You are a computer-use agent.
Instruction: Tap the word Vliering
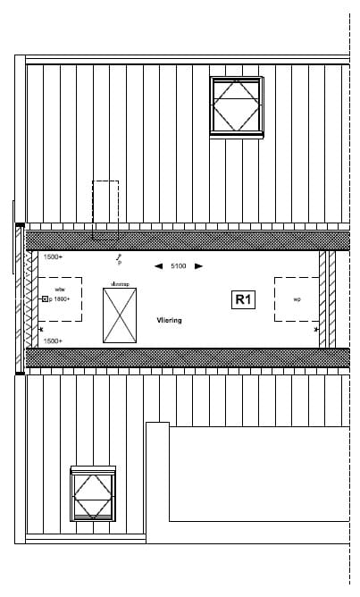[x=169, y=319]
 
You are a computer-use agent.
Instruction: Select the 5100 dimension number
[x=179, y=265]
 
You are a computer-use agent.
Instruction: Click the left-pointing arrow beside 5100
[x=158, y=265]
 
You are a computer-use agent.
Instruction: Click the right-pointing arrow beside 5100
[x=198, y=265]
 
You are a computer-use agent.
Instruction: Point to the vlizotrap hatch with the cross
[x=120, y=315]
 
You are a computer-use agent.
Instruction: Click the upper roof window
[x=237, y=106]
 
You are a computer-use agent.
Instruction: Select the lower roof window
[x=93, y=493]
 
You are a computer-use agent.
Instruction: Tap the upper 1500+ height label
[x=53, y=257]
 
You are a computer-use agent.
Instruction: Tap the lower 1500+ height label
[x=53, y=341]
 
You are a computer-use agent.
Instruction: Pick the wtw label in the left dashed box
[x=59, y=290]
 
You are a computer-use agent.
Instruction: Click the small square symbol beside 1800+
[x=45, y=300]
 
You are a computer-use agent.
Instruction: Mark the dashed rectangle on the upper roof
[x=105, y=210]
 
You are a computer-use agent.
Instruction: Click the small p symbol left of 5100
[x=119, y=263]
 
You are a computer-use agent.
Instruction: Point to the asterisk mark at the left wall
[x=41, y=330]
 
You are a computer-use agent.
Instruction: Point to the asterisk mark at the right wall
[x=316, y=330]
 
